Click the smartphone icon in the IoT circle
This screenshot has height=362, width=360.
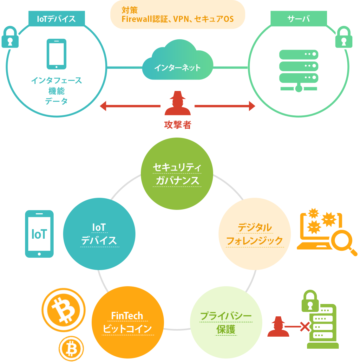pyautogui.click(x=56, y=54)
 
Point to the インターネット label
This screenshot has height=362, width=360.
pyautogui.click(x=177, y=68)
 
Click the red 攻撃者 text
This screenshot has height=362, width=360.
pyautogui.click(x=178, y=125)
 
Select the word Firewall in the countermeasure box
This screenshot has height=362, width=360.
pyautogui.click(x=137, y=19)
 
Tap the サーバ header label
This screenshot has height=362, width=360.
pyautogui.click(x=298, y=19)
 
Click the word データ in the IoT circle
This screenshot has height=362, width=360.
pyautogui.click(x=56, y=101)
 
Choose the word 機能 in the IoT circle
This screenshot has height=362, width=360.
pyautogui.click(x=56, y=91)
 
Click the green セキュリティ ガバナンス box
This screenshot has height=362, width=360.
pyautogui.click(x=177, y=174)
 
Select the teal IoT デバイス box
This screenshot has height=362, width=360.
pyautogui.click(x=99, y=234)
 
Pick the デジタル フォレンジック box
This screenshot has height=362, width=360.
pyautogui.click(x=254, y=234)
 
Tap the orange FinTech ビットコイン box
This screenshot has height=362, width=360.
pyautogui.click(x=128, y=322)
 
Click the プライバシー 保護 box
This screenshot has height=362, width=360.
pyautogui.click(x=226, y=322)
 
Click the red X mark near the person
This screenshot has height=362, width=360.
pyautogui.click(x=305, y=326)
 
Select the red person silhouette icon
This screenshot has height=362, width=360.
pyautogui.click(x=278, y=326)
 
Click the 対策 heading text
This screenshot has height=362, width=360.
pyautogui.click(x=130, y=10)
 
